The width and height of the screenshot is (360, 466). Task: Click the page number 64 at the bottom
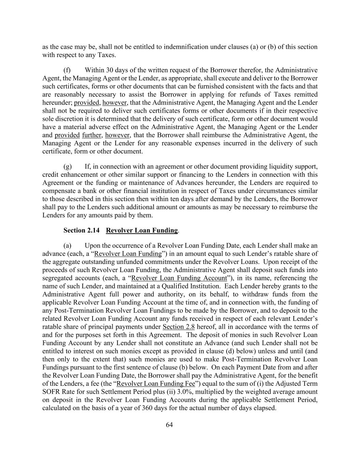[169, 425]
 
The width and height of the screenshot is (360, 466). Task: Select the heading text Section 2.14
[81, 230]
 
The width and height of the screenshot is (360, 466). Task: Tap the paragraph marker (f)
[67, 70]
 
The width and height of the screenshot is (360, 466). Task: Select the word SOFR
[51, 392]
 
